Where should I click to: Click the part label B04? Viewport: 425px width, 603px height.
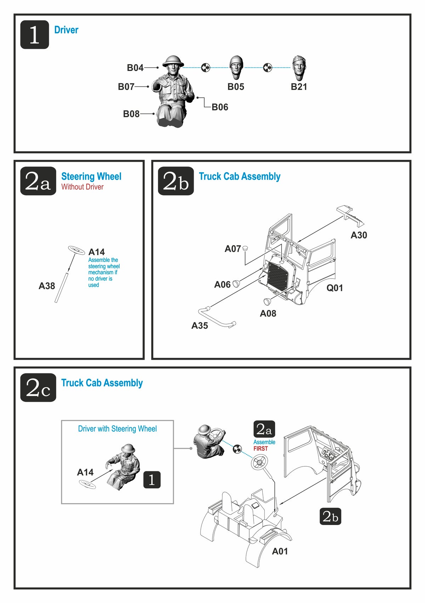(135, 68)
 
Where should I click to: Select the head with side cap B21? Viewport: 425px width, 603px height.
(299, 68)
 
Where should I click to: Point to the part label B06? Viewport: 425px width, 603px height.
(220, 107)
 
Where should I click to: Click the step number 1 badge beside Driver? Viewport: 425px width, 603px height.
(34, 34)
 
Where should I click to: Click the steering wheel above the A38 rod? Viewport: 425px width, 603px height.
(76, 250)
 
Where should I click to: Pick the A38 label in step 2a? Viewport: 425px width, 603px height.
(47, 286)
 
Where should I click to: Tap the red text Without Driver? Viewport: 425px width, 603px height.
(82, 187)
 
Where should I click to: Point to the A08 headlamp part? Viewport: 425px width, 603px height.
(267, 302)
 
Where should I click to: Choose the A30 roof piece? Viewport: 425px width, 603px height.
(351, 215)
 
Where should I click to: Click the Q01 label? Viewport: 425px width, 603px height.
(335, 288)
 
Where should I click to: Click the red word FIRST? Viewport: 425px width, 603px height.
(261, 449)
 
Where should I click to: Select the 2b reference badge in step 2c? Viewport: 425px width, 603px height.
(330, 516)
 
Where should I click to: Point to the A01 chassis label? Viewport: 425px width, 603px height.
(280, 551)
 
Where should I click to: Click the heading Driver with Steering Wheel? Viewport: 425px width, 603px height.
(117, 429)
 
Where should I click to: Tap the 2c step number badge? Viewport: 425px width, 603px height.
(38, 388)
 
